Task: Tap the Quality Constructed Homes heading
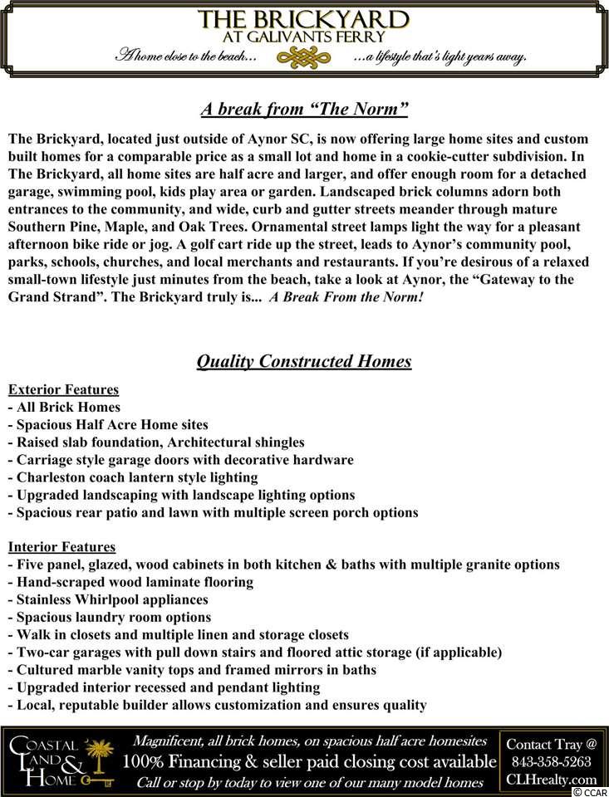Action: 304,361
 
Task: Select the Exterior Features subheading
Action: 63,389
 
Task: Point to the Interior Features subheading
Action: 61,547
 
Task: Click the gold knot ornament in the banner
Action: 304,56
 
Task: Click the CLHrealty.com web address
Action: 551,779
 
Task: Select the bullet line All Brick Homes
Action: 65,407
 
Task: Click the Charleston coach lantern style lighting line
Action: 133,477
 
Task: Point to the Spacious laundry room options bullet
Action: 110,617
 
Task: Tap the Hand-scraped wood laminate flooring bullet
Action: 131,582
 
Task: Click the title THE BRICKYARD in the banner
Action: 304,20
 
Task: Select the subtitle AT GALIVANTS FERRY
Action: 304,37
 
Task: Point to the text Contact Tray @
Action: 551,744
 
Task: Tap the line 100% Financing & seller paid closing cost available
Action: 309,762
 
